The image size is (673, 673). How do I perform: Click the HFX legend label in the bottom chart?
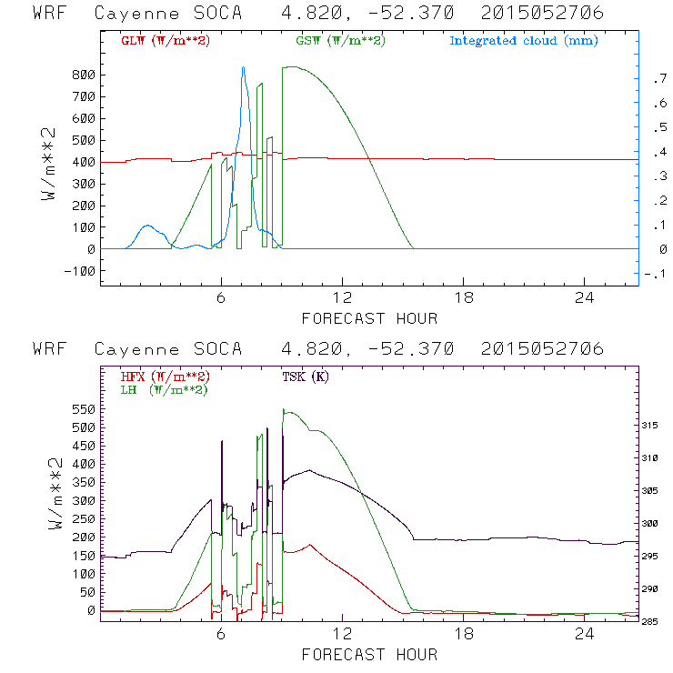coord(165,377)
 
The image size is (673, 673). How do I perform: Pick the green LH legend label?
coord(164,389)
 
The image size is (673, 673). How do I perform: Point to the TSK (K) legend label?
coord(306,377)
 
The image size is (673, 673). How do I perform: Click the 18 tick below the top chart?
coord(463,298)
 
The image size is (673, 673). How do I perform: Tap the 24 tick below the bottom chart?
coord(585,634)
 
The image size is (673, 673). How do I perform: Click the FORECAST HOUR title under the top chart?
coord(369,318)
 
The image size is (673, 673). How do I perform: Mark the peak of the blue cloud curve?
coord(243,67)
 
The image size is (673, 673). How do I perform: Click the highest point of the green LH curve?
coord(285,410)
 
